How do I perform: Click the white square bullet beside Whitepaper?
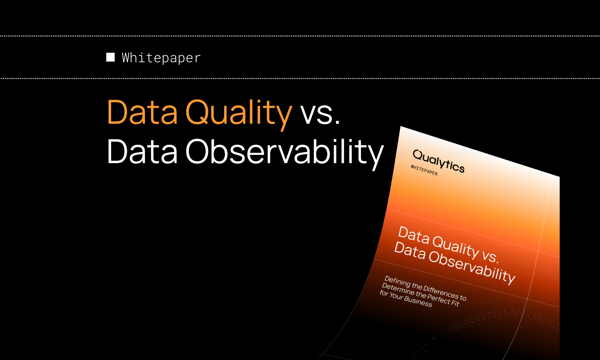[110, 57]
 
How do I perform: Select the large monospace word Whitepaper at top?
[161, 58]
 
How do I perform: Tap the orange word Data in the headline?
[142, 112]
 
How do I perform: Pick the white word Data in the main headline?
[142, 152]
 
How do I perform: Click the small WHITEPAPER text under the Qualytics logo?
[424, 170]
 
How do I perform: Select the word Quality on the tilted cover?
[456, 246]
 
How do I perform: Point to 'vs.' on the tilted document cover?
[490, 256]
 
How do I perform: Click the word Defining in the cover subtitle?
[397, 281]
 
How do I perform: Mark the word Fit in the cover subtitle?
[455, 303]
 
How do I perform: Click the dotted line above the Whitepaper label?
[300, 36]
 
